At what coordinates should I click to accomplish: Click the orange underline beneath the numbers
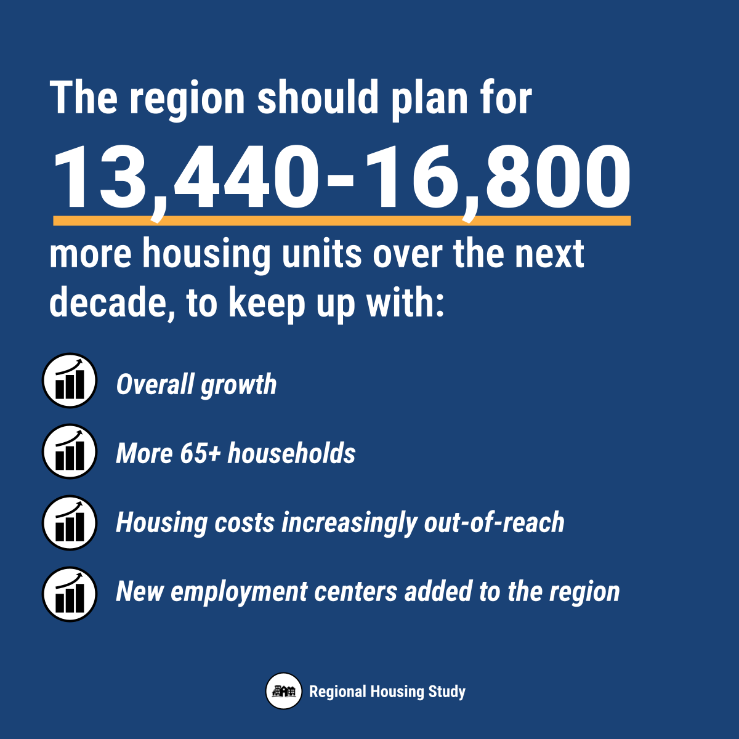click(342, 220)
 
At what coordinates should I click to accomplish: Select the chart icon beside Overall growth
click(70, 381)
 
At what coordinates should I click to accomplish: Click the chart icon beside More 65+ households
click(70, 451)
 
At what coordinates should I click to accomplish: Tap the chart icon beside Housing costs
click(70, 523)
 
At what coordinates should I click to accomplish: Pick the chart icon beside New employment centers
click(70, 594)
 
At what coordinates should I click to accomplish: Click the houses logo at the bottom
click(284, 691)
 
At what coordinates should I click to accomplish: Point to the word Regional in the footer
click(337, 692)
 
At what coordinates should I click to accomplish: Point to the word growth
click(238, 385)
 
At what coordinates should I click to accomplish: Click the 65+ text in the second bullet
click(200, 453)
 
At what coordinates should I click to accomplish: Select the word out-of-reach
click(494, 522)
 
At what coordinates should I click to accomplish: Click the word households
click(291, 453)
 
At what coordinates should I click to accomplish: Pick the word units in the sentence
click(321, 254)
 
